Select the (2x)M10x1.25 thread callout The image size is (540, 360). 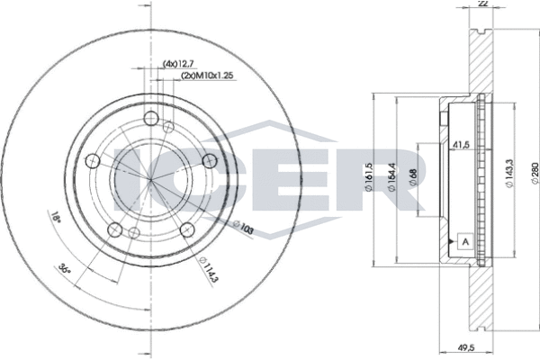tap(208, 76)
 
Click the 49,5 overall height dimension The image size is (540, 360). tap(466, 348)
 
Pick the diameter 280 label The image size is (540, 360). tap(535, 173)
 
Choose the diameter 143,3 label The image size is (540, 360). tap(509, 174)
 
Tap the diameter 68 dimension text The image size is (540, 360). tap(414, 177)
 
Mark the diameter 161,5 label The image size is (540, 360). tap(368, 176)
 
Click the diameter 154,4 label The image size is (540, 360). tap(391, 176)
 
